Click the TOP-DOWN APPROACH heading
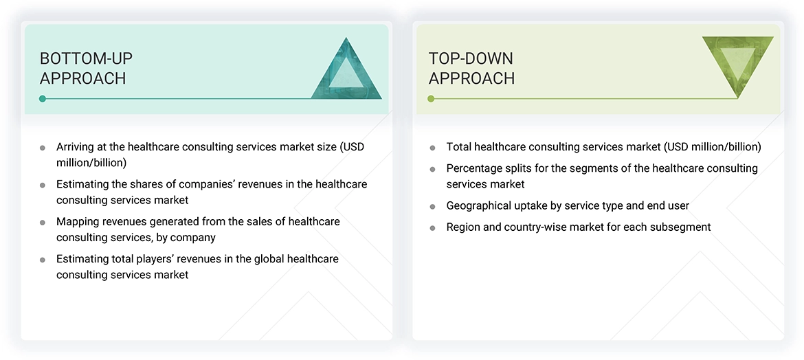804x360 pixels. (x=471, y=68)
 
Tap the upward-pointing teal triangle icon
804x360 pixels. (x=346, y=69)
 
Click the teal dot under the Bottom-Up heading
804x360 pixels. (x=43, y=99)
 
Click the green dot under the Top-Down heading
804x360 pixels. (x=431, y=99)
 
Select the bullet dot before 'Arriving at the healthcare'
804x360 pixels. (x=43, y=148)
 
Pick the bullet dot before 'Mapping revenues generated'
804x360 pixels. (x=43, y=223)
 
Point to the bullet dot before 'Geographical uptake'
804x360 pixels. (x=432, y=207)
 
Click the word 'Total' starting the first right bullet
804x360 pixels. (x=459, y=147)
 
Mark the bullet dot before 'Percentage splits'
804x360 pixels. (x=432, y=169)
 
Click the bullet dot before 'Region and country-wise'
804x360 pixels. (x=432, y=227)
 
